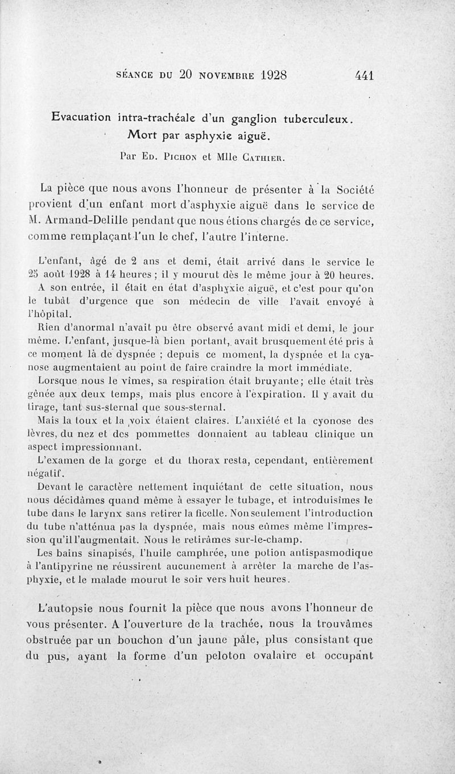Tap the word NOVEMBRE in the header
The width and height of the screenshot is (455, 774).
coord(218,74)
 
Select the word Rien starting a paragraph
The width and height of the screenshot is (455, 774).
coord(47,328)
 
